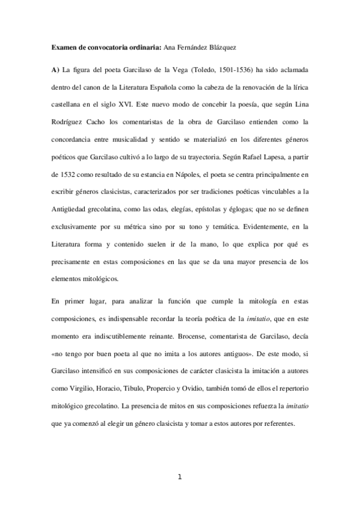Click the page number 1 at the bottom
(180, 478)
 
